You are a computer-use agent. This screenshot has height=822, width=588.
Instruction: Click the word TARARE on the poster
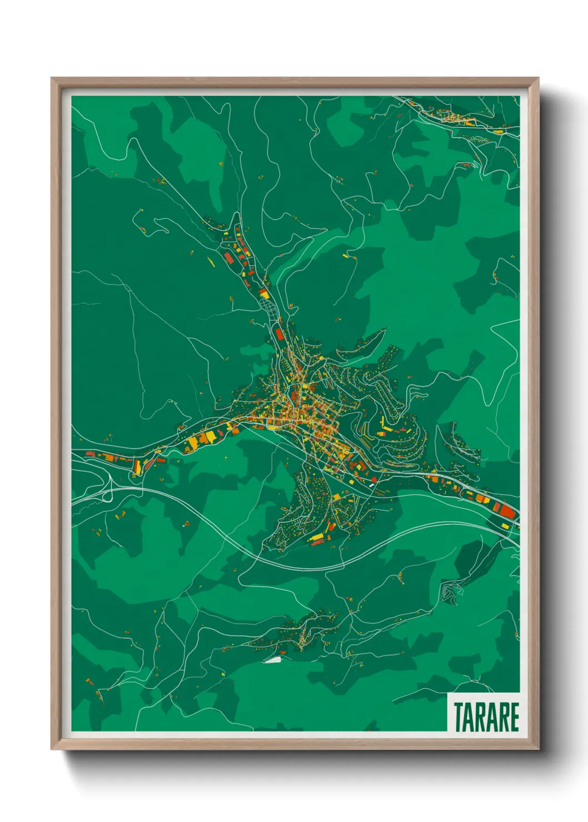coord(486,716)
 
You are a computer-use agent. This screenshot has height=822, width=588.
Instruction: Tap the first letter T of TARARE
coord(459,716)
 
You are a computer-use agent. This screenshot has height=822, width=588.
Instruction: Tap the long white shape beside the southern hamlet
coord(272,660)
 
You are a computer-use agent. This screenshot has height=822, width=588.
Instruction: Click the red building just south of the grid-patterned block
coord(279,334)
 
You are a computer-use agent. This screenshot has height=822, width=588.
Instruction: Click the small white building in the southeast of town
coord(371,485)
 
